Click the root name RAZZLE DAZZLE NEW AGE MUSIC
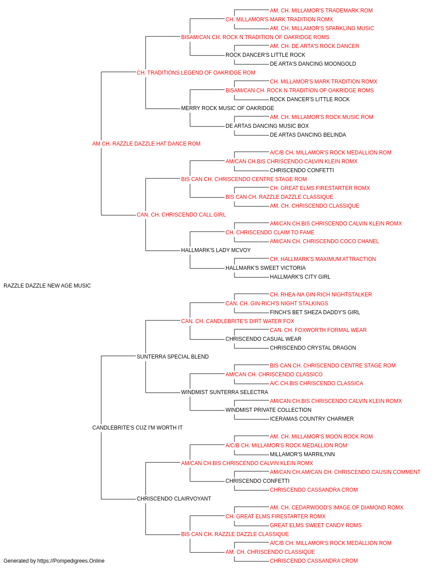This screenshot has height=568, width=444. click(x=47, y=286)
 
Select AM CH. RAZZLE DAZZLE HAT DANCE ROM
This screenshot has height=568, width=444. click(x=146, y=144)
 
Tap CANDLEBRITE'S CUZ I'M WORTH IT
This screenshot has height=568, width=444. click(x=137, y=428)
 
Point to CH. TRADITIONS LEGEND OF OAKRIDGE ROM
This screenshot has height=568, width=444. click(x=196, y=73)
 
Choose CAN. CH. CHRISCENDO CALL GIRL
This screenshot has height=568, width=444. click(x=181, y=215)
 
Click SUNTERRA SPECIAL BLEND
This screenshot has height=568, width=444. click(x=173, y=356)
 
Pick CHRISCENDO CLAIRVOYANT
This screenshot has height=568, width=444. click(x=174, y=498)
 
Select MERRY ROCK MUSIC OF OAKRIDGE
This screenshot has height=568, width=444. click(x=227, y=108)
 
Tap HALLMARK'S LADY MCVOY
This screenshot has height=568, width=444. click(x=216, y=250)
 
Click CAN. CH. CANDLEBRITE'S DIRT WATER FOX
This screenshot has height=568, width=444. click(x=238, y=321)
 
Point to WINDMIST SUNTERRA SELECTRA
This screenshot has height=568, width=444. click(x=224, y=392)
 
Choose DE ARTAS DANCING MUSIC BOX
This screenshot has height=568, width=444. click(x=267, y=126)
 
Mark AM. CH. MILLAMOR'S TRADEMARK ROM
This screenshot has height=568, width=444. click(x=321, y=11)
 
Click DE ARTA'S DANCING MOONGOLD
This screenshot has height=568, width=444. click(x=313, y=64)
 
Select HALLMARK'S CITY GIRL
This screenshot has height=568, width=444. click(x=300, y=277)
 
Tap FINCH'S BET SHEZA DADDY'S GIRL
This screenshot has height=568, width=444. click(x=315, y=312)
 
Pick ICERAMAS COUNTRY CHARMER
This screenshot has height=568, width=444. click(x=312, y=419)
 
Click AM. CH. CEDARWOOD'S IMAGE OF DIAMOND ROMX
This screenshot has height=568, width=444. click(x=337, y=507)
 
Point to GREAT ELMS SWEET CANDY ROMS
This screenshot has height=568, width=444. click(x=316, y=525)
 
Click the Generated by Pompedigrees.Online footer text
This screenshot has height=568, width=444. click(x=54, y=561)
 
